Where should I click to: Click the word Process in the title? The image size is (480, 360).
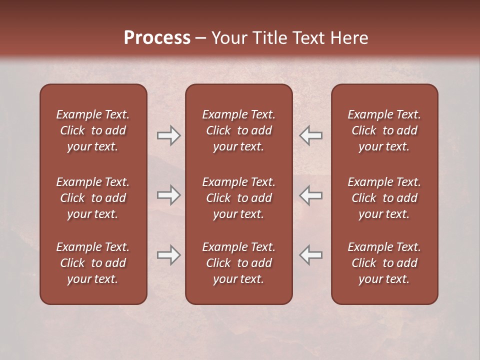pos(157,38)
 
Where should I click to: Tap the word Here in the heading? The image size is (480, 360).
pos(349,38)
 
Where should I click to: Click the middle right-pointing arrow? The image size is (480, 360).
pos(168,195)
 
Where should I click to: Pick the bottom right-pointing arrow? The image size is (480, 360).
pos(168,255)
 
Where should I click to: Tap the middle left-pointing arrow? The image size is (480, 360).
pos(311,195)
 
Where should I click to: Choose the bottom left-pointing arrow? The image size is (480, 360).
pos(311,255)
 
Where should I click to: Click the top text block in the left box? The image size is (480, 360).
pos(93,130)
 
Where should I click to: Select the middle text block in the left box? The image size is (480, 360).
pos(93,198)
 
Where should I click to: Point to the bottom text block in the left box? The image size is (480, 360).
pos(93,263)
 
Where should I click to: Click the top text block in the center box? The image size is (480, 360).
pos(238,130)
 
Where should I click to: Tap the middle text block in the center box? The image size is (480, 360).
pos(238,198)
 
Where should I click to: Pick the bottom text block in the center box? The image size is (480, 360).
pos(238,263)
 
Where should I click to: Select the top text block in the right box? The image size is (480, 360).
pos(384,130)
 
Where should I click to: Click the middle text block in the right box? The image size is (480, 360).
pos(384,198)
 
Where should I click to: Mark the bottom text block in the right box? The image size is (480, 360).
pos(384,263)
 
